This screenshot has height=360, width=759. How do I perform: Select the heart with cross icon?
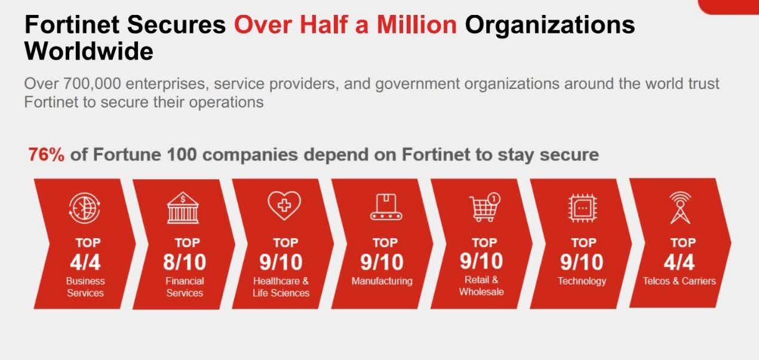pyautogui.click(x=284, y=207)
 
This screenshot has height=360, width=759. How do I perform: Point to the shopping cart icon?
pyautogui.click(x=484, y=207)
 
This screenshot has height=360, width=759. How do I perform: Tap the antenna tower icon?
pyautogui.click(x=680, y=208)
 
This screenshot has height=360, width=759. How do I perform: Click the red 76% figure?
pyautogui.click(x=47, y=155)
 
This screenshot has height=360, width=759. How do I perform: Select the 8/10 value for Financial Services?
pyautogui.click(x=185, y=262)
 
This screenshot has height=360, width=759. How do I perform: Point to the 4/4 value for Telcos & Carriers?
pyautogui.click(x=680, y=262)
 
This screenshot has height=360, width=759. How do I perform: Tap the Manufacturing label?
pyautogui.click(x=382, y=281)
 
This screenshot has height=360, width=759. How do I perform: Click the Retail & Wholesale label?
pyautogui.click(x=481, y=286)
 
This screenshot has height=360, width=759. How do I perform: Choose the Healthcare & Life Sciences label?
pyautogui.click(x=281, y=287)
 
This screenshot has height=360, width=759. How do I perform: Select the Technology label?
pyautogui.click(x=582, y=281)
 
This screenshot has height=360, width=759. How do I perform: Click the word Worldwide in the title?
pyautogui.click(x=89, y=52)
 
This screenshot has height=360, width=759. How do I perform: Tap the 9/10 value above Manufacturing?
pyautogui.click(x=382, y=262)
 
